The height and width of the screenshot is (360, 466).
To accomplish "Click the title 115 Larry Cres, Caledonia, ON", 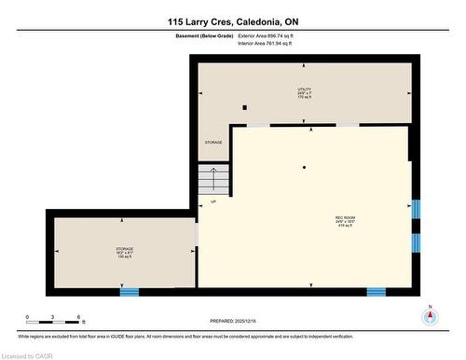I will coord(233,21).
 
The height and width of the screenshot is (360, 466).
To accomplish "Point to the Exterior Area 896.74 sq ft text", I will coord(270,35).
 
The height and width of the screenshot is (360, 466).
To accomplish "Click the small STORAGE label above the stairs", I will coord(214,142).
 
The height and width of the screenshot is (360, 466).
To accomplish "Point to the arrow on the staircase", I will coord(213,177).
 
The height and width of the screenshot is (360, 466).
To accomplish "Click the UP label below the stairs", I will coord(213,201).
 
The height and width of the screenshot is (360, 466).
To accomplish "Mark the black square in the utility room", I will coord(244,107).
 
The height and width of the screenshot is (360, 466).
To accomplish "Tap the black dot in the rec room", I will coord(304,167).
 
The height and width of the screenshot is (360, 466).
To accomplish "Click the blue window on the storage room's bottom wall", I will coord(129,292).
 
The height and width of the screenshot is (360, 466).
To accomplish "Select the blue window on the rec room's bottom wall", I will coord(376,292).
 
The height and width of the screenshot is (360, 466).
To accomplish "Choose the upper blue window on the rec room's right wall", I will coord(416,209).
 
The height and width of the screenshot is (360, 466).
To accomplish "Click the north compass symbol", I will coord(430,315).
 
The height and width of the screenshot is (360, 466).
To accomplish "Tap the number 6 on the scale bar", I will coord(80,317).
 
